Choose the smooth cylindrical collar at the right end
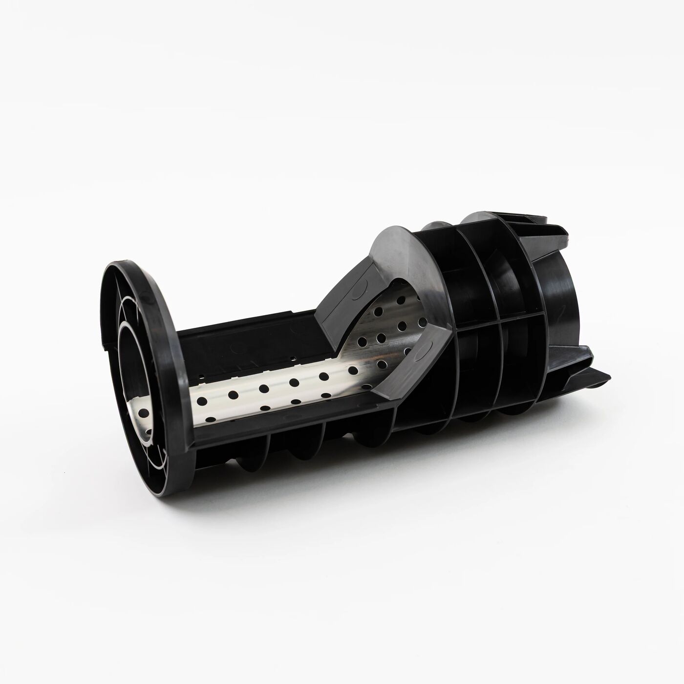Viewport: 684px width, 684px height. click(x=562, y=303)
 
